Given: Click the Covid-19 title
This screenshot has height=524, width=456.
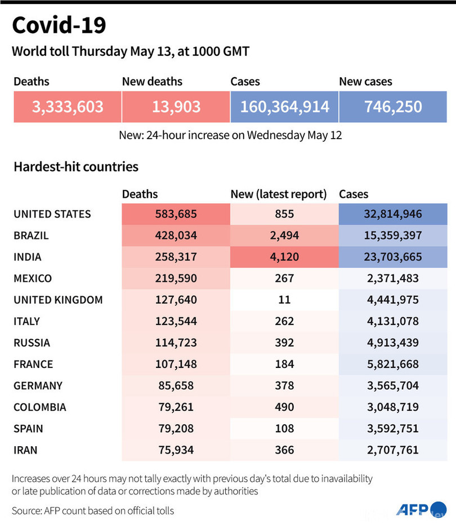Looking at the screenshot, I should pyautogui.click(x=59, y=25).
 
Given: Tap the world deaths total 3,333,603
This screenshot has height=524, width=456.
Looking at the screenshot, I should pyautogui.click(x=68, y=106).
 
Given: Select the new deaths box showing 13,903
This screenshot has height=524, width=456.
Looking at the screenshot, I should pyautogui.click(x=176, y=106).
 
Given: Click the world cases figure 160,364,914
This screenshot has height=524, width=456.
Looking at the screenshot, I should pyautogui.click(x=284, y=106).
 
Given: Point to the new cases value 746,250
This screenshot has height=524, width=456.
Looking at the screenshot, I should pyautogui.click(x=393, y=106).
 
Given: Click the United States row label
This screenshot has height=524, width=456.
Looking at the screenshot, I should pyautogui.click(x=52, y=214).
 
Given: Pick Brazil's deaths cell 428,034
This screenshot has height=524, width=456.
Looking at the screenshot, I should pyautogui.click(x=176, y=236).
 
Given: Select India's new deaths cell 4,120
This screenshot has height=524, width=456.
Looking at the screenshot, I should pyautogui.click(x=284, y=257).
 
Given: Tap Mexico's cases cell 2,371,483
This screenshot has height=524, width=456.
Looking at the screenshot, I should pyautogui.click(x=393, y=278).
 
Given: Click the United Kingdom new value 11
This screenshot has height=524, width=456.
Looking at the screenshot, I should pyautogui.click(x=284, y=300).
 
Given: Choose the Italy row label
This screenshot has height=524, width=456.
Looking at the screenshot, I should pyautogui.click(x=27, y=321).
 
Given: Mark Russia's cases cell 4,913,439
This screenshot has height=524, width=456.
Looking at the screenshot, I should pyautogui.click(x=393, y=343).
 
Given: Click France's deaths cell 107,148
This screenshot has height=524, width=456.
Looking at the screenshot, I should pyautogui.click(x=176, y=364).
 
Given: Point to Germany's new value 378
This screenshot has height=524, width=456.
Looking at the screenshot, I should pyautogui.click(x=284, y=385).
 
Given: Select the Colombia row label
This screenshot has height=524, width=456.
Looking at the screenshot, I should pyautogui.click(x=40, y=407).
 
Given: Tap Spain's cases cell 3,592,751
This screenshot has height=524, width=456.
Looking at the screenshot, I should pyautogui.click(x=393, y=428).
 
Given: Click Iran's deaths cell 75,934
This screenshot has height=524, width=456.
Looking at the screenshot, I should pyautogui.click(x=176, y=450).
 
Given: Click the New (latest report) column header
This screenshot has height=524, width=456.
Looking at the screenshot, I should pyautogui.click(x=279, y=194).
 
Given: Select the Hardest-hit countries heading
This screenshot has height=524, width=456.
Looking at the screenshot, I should pyautogui.click(x=76, y=167).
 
